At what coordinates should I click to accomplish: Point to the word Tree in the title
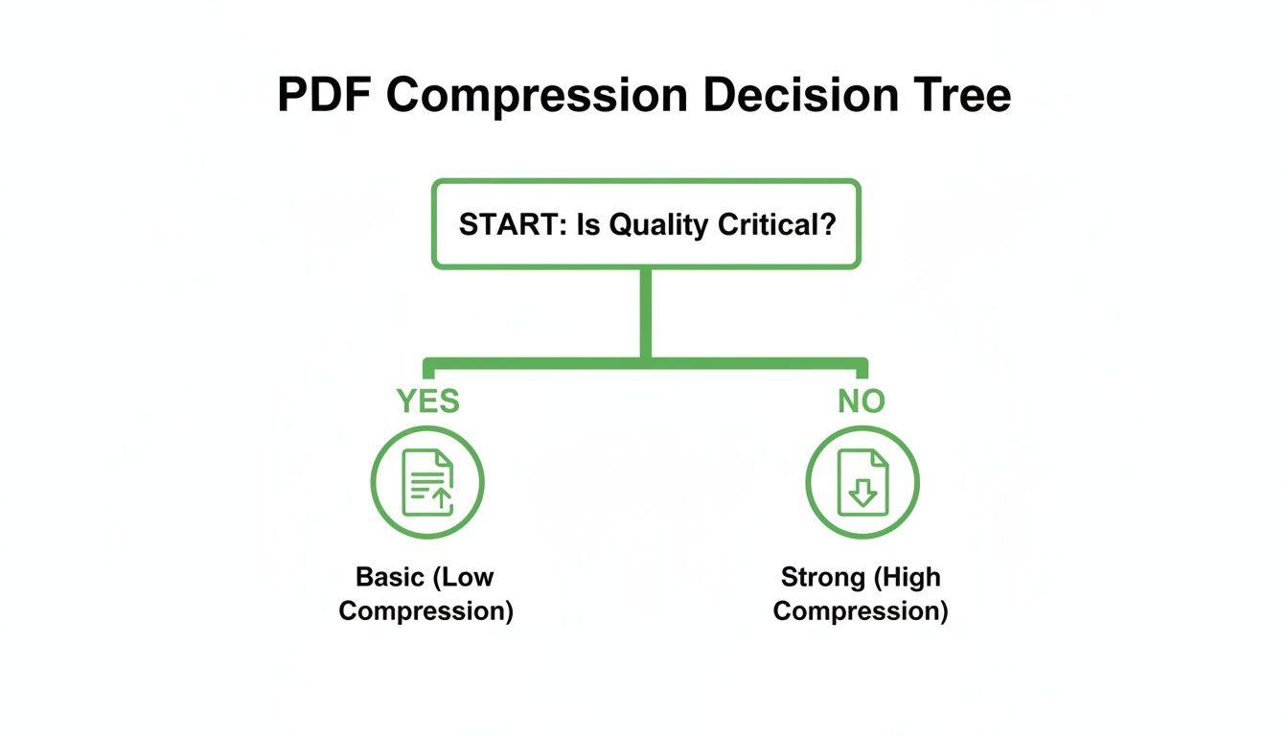(961, 97)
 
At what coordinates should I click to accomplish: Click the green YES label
(427, 401)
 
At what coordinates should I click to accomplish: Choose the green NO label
(861, 401)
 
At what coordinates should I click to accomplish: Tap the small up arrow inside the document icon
(441, 496)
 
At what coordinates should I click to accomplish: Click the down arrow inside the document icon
(862, 494)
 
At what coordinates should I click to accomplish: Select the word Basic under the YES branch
(390, 577)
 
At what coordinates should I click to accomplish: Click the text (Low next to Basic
(464, 577)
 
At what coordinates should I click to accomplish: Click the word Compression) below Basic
(426, 610)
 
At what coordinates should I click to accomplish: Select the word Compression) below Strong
(861, 610)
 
